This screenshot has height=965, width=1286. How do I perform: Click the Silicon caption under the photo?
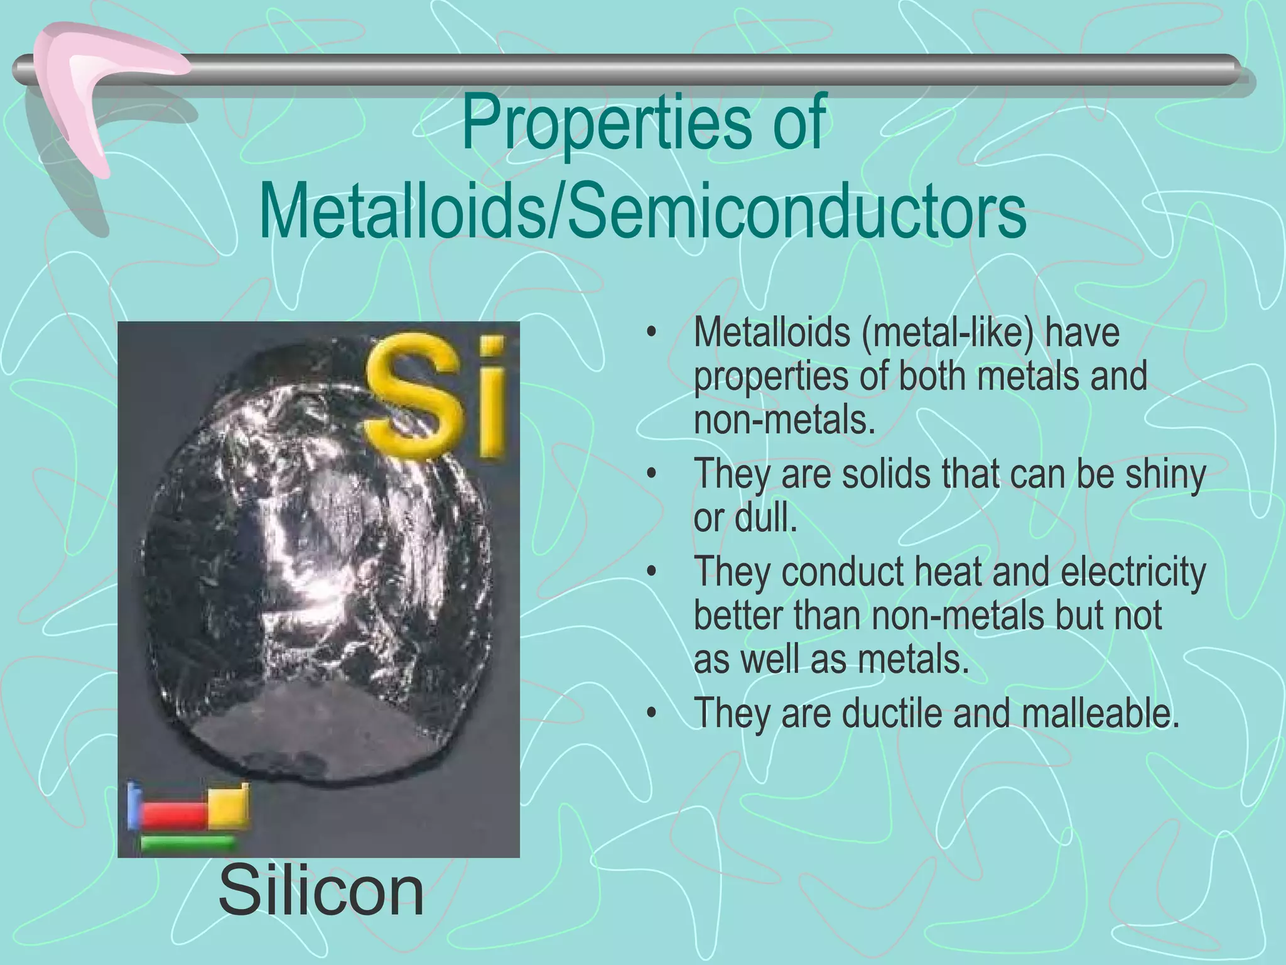321,892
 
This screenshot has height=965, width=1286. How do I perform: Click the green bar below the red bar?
186,842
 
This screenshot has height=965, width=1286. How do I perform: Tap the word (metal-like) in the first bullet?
948,332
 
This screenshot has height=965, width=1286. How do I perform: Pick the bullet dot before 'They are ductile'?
653,714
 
